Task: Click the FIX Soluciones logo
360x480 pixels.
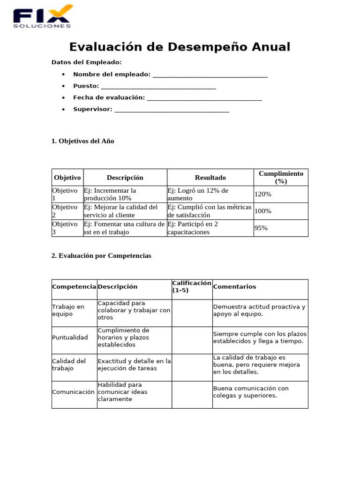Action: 43,16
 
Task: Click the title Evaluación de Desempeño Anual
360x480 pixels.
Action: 180,47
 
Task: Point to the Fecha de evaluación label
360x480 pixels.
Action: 109,97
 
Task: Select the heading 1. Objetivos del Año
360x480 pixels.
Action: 83,141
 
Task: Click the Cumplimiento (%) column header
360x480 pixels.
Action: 281,177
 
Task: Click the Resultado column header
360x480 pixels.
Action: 210,178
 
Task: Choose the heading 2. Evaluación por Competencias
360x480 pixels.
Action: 102,256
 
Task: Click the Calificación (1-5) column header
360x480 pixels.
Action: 192,287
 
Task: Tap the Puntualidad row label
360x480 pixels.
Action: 70,337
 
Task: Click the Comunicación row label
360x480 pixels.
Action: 74,392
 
